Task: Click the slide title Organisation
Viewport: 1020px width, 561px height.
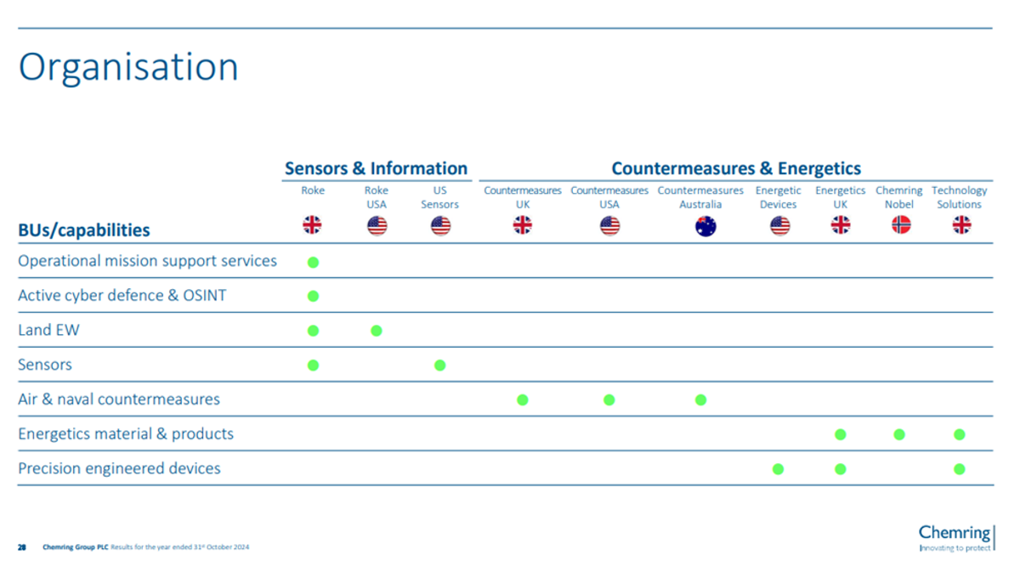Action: click(x=128, y=68)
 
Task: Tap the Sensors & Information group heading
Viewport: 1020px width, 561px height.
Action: click(x=376, y=168)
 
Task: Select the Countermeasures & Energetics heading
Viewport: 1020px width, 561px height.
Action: click(x=736, y=168)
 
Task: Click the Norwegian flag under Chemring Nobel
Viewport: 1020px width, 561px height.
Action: click(x=901, y=225)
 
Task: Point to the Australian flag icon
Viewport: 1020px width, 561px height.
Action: click(x=705, y=226)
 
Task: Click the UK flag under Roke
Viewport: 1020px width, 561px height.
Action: click(x=313, y=225)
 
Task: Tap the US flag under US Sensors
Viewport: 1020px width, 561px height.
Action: click(x=440, y=226)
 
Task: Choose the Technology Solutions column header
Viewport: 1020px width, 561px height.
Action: click(x=959, y=197)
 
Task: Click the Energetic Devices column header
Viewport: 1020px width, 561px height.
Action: click(x=779, y=197)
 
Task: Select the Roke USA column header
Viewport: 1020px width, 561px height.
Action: click(x=376, y=197)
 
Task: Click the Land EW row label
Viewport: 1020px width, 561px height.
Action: click(x=48, y=330)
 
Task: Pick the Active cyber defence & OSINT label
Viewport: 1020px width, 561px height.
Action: click(x=122, y=295)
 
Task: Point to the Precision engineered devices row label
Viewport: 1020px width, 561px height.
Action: click(x=119, y=468)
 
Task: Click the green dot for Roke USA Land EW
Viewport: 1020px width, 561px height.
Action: click(x=376, y=331)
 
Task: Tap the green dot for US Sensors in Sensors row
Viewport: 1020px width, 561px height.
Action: click(x=440, y=365)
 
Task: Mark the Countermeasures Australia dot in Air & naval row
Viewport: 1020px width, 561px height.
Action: click(x=700, y=399)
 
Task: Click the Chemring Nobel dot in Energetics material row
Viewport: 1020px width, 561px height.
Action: click(x=899, y=434)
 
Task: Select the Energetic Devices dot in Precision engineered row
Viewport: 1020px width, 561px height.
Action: click(x=779, y=469)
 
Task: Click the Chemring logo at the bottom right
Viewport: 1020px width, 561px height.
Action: click(x=957, y=537)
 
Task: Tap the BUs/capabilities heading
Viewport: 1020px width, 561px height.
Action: click(x=84, y=230)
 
